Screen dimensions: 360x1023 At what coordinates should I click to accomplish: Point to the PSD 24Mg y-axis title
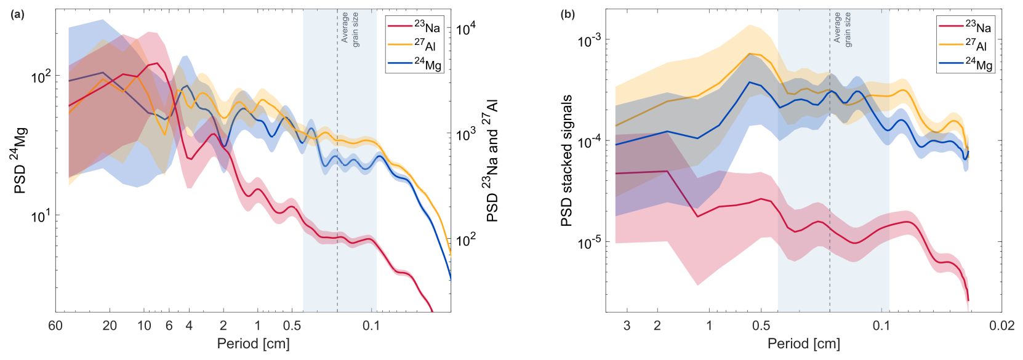click(20, 161)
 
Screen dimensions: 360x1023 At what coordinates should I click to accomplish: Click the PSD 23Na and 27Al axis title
click(492, 161)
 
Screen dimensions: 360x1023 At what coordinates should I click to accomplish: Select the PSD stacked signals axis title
click(567, 161)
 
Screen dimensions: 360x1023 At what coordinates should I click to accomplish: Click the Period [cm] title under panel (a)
click(253, 343)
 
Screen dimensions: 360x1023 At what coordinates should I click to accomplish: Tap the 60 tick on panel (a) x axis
click(55, 326)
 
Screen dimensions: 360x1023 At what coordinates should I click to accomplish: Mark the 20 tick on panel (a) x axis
click(110, 326)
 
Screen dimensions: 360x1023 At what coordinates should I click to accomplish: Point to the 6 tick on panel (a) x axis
click(169, 326)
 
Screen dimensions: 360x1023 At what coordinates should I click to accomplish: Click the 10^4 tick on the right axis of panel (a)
click(466, 29)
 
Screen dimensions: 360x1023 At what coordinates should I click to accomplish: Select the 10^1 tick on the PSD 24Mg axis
click(42, 216)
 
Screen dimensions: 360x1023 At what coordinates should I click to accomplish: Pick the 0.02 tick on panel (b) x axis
click(1001, 326)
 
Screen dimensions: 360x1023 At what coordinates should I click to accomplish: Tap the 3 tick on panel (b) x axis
click(627, 326)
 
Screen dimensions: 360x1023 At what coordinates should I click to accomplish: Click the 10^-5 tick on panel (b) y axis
click(589, 242)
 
